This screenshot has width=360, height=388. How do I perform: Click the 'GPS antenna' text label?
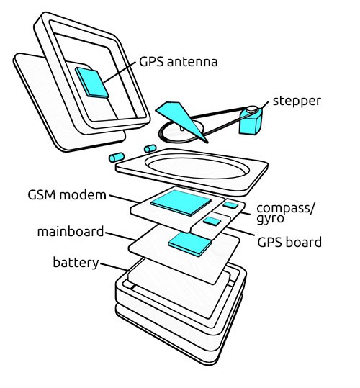tap(179, 62)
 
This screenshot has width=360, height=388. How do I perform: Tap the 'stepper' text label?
tap(297, 101)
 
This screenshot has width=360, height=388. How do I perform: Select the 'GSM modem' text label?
tap(67, 195)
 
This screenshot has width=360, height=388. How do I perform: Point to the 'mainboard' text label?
tap(71, 232)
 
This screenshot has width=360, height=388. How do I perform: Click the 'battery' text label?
tap(76, 262)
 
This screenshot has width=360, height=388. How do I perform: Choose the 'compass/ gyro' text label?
tap(286, 214)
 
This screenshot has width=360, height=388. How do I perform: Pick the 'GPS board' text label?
tap(289, 242)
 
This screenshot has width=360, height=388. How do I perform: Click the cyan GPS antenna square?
tap(92, 82)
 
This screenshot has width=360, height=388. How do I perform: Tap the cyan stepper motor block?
tap(251, 122)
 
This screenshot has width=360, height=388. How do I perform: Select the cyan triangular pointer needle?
tap(182, 119)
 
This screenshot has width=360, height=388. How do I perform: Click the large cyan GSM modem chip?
tap(181, 203)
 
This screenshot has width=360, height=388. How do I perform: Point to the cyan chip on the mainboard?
tap(190, 244)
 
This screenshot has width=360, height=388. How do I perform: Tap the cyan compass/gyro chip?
tap(230, 205)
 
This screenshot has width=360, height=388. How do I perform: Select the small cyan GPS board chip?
tap(212, 221)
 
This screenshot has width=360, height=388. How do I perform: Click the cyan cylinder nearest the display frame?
tap(150, 148)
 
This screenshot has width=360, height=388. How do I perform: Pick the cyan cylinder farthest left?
tap(117, 158)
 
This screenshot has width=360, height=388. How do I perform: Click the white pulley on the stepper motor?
tap(253, 109)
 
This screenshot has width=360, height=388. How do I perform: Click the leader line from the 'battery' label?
tap(114, 267)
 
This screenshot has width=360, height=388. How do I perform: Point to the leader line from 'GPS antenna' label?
tap(120, 72)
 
